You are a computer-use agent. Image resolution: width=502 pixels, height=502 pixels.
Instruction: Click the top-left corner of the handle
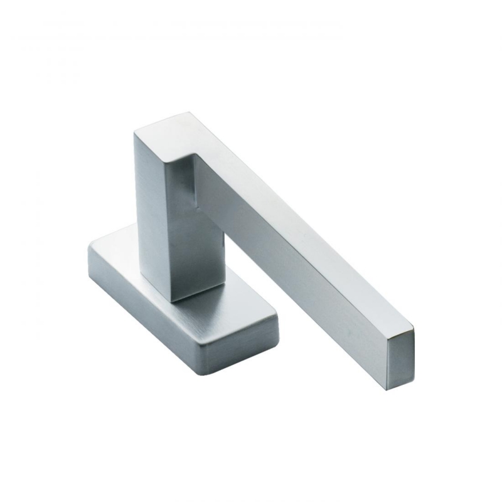[x=132, y=132]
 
